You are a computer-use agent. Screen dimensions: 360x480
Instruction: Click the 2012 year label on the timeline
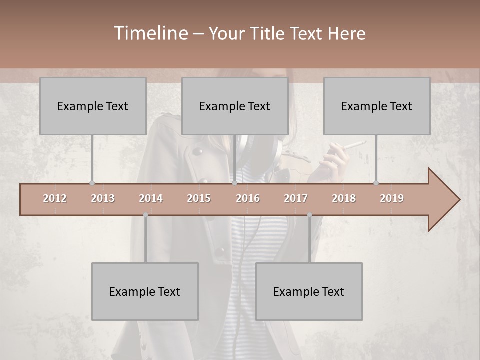tap(55, 198)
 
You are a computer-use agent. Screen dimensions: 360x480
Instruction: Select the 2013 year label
tap(103, 198)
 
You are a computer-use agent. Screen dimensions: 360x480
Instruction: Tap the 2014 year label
tap(151, 198)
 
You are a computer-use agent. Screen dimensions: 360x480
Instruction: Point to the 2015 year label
tap(199, 198)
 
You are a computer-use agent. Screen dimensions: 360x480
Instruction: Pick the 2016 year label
tap(248, 198)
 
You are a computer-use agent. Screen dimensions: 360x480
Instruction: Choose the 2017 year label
tap(296, 198)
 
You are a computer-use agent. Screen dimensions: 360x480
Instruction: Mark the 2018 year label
tap(344, 198)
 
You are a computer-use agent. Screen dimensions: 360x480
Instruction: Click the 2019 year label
tap(392, 198)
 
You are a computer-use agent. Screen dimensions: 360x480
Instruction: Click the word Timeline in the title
tap(149, 33)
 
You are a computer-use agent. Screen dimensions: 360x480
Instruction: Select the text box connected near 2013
tap(93, 106)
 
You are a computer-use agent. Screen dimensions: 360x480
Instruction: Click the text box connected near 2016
tap(235, 106)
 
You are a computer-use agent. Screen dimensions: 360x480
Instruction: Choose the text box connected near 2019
tap(377, 106)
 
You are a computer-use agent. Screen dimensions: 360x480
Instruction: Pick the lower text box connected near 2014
tap(145, 291)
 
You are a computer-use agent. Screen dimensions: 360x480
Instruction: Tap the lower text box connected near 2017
tap(309, 291)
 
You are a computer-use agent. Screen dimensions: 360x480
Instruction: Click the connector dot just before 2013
tap(92, 183)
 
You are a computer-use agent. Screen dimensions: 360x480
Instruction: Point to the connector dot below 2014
tap(145, 215)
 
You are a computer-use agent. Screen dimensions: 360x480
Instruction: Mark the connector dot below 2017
tap(309, 215)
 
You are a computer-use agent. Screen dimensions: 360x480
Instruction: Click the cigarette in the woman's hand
tap(355, 145)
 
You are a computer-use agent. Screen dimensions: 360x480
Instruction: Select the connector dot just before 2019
tap(376, 183)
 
